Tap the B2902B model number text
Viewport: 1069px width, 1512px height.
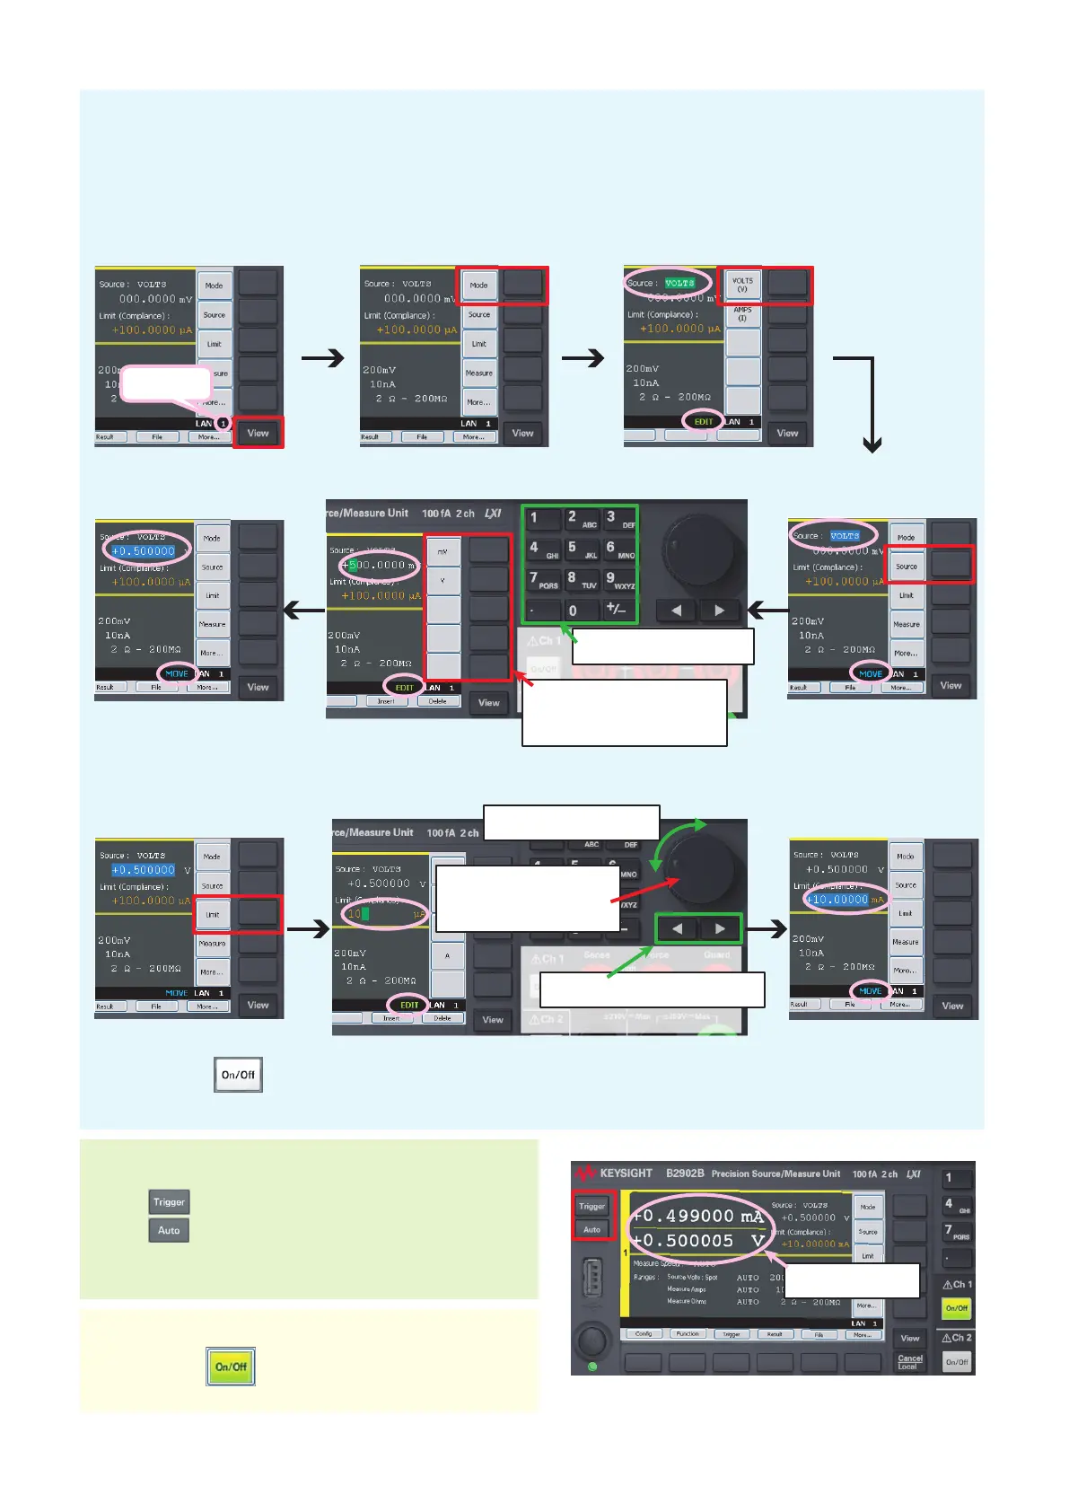click(685, 1174)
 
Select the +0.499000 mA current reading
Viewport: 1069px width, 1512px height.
click(697, 1216)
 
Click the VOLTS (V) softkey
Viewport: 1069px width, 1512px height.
click(742, 285)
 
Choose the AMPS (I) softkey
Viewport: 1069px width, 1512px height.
click(742, 314)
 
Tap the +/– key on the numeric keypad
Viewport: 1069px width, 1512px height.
click(617, 609)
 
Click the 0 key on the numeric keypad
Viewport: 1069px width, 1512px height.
click(573, 611)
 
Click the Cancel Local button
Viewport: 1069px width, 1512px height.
click(910, 1362)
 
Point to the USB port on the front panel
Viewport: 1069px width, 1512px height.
click(591, 1279)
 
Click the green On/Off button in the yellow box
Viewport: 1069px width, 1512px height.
click(231, 1367)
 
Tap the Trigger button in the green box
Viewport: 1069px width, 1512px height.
click(169, 1202)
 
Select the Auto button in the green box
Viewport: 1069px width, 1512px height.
click(169, 1230)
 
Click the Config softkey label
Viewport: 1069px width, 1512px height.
click(644, 1334)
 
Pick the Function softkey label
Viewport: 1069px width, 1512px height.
click(688, 1334)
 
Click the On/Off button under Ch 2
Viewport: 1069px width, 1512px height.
click(957, 1362)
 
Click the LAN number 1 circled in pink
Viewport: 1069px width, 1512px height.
click(223, 423)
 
